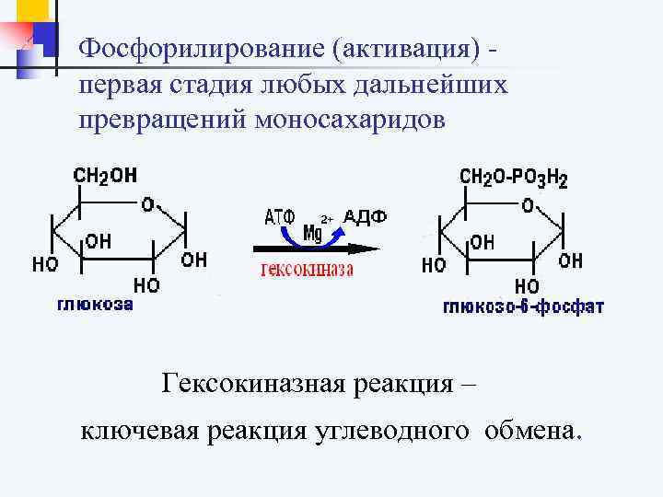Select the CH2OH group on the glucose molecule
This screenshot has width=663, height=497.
point(105,175)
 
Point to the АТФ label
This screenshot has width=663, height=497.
point(279,218)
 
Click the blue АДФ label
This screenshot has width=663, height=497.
point(365,217)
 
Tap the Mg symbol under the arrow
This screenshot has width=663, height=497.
point(314,233)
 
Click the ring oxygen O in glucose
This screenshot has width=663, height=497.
point(146,203)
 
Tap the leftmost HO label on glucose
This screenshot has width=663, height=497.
point(45,264)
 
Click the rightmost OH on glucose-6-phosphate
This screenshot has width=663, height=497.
point(571,261)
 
